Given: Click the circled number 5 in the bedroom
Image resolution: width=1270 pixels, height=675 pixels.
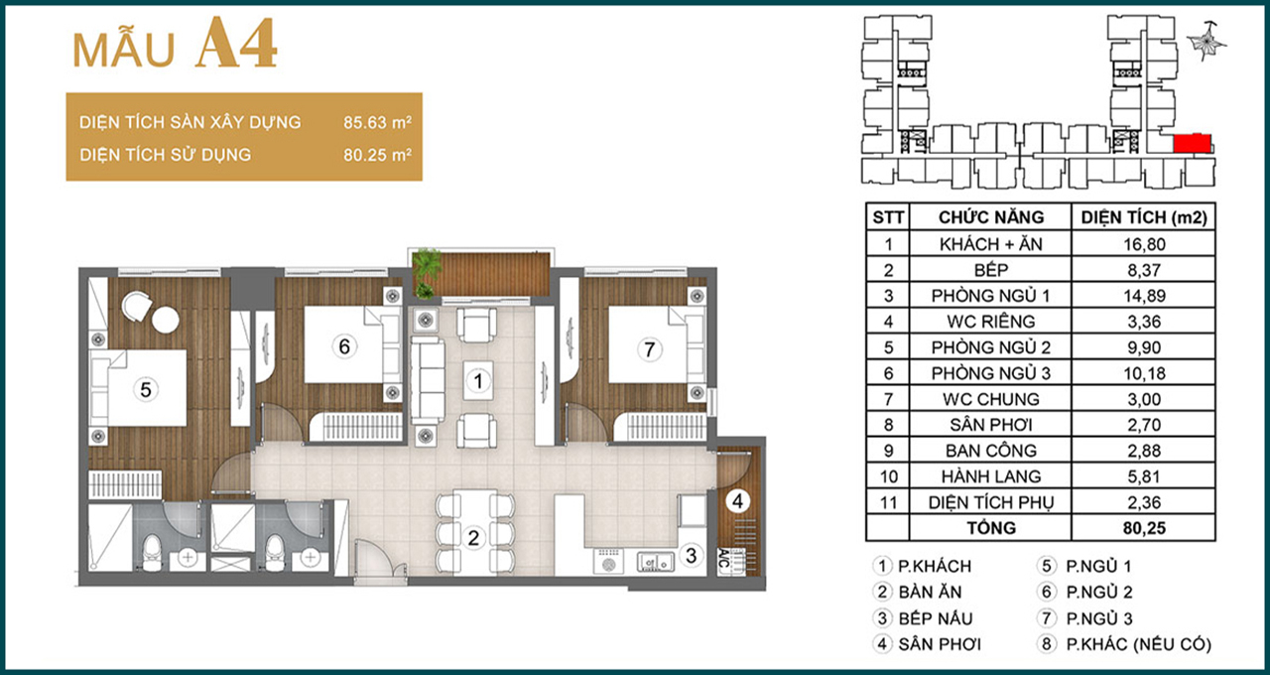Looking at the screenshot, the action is click(x=146, y=390).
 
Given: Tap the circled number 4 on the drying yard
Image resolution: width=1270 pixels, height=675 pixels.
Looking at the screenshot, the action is click(x=737, y=501).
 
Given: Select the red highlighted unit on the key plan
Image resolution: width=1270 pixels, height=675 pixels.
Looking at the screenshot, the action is click(x=1192, y=143).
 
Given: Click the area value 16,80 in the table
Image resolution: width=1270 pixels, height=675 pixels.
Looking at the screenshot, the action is click(x=1144, y=244).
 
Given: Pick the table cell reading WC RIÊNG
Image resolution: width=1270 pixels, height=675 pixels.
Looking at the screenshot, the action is click(x=990, y=322).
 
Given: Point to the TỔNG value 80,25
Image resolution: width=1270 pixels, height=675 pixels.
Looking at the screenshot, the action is click(x=1144, y=528).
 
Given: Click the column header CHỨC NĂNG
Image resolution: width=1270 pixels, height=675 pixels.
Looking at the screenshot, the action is click(x=990, y=216).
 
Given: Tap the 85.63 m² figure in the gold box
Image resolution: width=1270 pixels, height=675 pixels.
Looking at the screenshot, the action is click(x=377, y=122).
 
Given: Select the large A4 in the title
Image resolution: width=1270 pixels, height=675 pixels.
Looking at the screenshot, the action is click(x=237, y=45).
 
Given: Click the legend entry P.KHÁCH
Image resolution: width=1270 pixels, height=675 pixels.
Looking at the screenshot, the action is click(x=935, y=566).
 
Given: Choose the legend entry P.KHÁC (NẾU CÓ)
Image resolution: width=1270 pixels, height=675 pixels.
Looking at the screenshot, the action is click(x=1138, y=644).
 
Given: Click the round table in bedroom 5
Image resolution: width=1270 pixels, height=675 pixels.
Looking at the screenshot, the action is click(x=166, y=320).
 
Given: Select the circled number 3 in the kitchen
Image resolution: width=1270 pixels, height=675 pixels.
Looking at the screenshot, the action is click(x=691, y=555).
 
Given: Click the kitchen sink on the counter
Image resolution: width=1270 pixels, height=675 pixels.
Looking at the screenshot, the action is click(x=655, y=562).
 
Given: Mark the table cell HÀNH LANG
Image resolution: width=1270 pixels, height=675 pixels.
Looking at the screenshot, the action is click(x=990, y=476).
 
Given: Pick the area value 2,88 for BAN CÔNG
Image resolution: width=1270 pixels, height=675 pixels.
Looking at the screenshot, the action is click(x=1144, y=451).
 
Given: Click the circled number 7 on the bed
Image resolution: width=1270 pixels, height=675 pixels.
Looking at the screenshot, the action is click(x=649, y=349).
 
